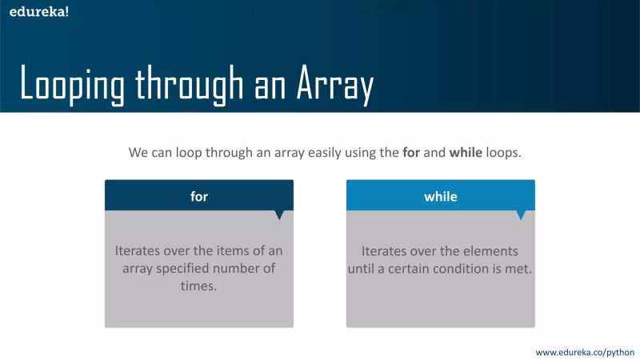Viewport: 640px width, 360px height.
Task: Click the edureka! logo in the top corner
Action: point(34,12)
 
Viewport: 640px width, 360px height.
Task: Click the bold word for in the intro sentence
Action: point(410,152)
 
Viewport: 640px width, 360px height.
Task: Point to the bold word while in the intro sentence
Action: point(466,152)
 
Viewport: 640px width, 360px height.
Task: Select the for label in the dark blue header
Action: point(199,196)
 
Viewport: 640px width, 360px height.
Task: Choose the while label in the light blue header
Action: point(441,196)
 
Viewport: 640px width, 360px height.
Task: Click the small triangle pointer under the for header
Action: point(279,214)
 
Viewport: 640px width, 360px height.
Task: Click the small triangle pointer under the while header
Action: point(521,214)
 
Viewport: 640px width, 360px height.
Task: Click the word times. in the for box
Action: point(199,286)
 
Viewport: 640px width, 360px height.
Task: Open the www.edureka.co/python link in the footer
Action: point(585,351)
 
